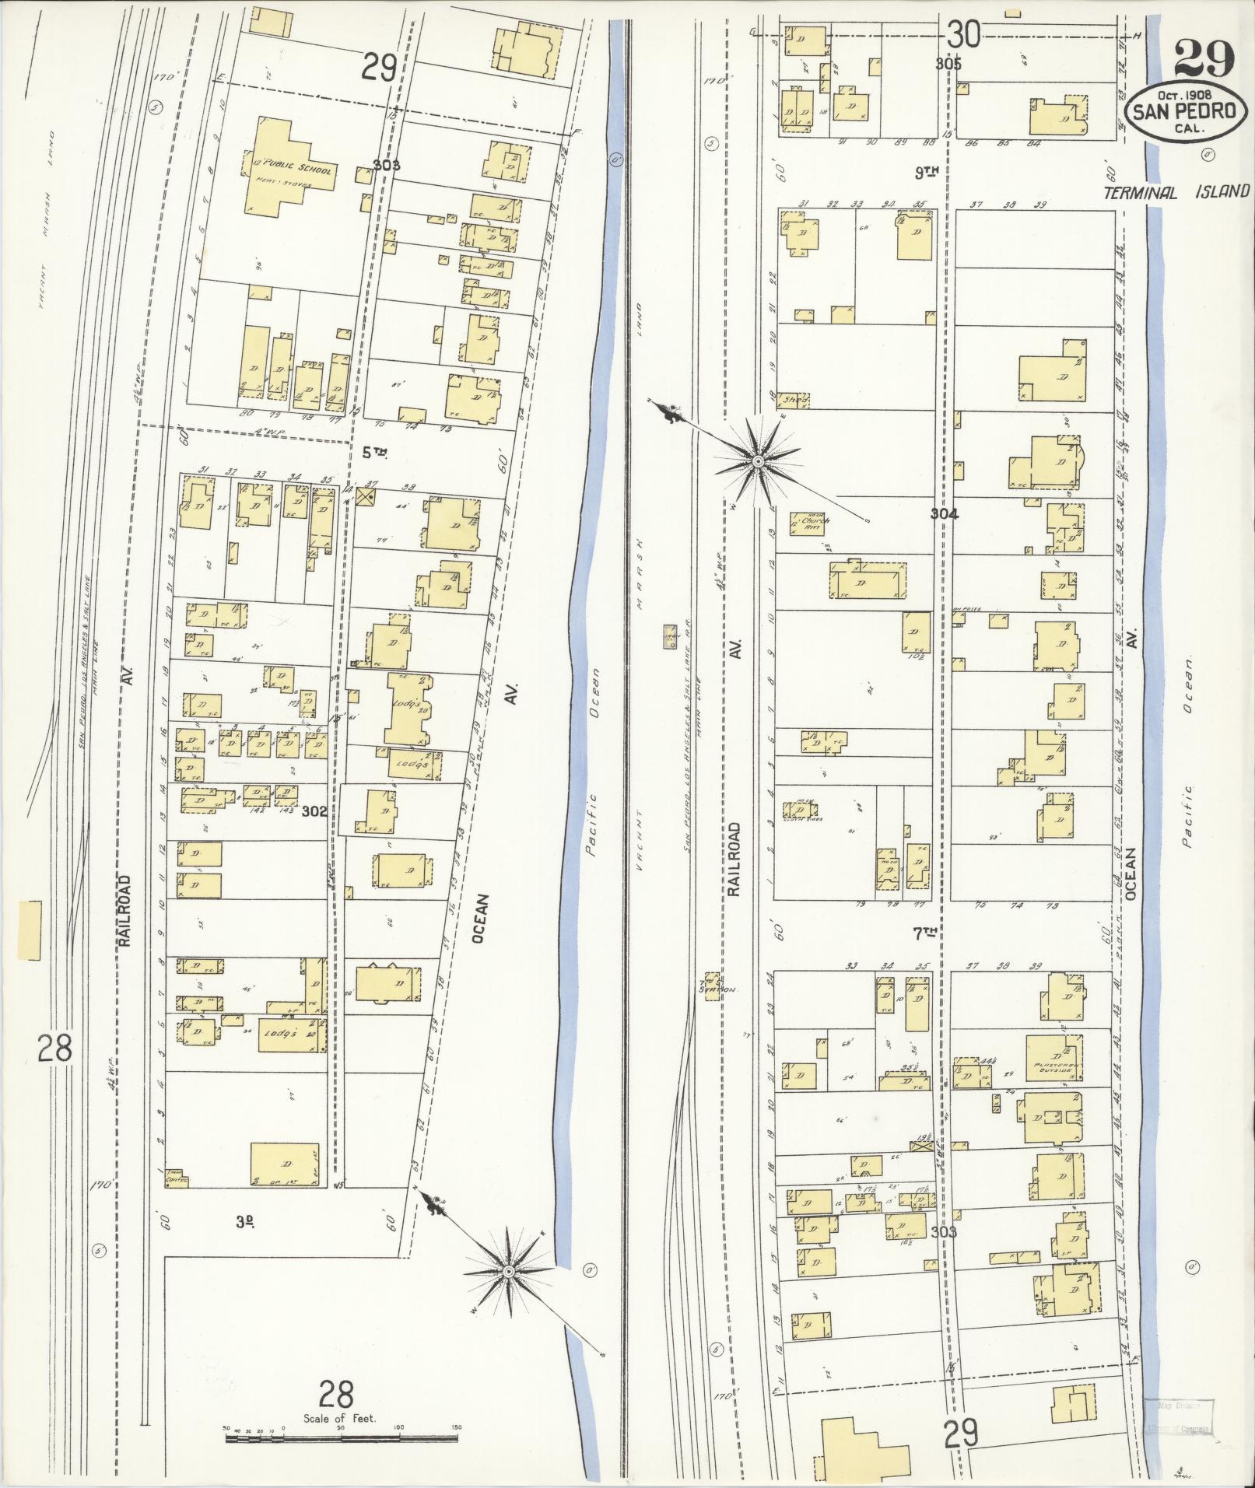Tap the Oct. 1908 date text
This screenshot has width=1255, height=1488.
coord(1183,95)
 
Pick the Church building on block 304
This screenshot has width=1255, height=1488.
coord(810,523)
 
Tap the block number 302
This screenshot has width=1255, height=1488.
coord(314,811)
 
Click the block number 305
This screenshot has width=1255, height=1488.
coord(948,64)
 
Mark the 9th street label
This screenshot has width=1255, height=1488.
coord(927,173)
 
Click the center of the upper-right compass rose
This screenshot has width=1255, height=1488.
coord(757,462)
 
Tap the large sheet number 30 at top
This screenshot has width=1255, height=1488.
coord(963,35)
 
